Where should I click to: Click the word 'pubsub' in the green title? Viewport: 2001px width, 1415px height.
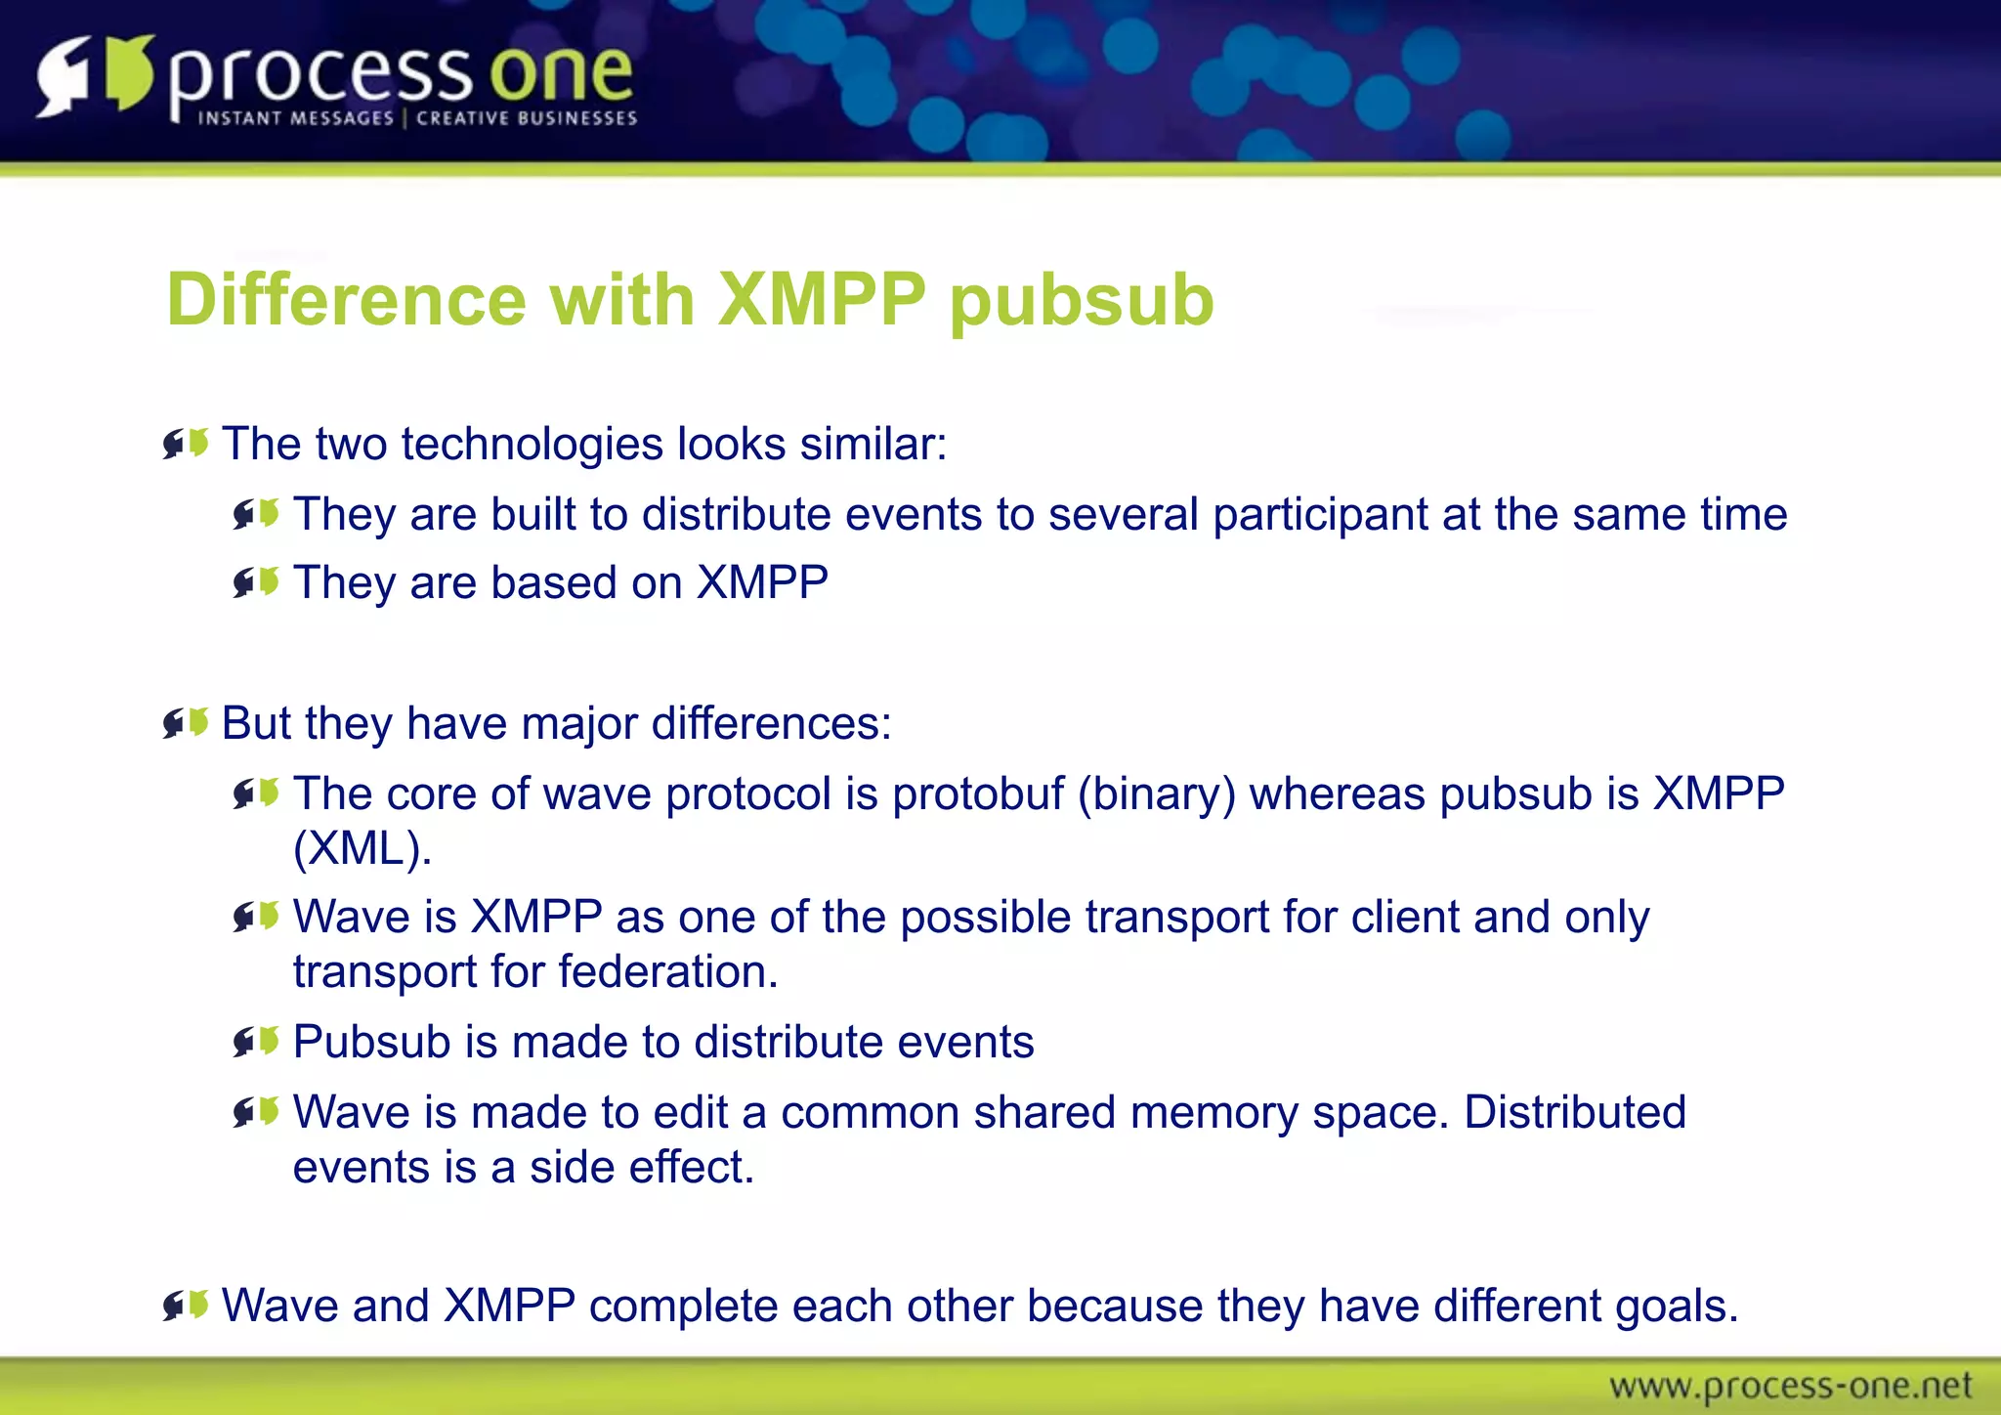point(1082,300)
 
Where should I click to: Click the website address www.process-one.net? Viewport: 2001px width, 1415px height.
point(1790,1386)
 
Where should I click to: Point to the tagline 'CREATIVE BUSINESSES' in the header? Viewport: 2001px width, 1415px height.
point(527,118)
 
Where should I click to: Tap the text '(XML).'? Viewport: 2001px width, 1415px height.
point(362,848)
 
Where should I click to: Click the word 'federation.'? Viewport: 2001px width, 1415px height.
point(668,972)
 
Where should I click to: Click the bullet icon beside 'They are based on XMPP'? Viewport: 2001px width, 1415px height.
point(257,583)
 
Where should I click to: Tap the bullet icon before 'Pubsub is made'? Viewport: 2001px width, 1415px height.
point(257,1042)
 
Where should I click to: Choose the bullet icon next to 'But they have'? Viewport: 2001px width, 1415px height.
point(186,724)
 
